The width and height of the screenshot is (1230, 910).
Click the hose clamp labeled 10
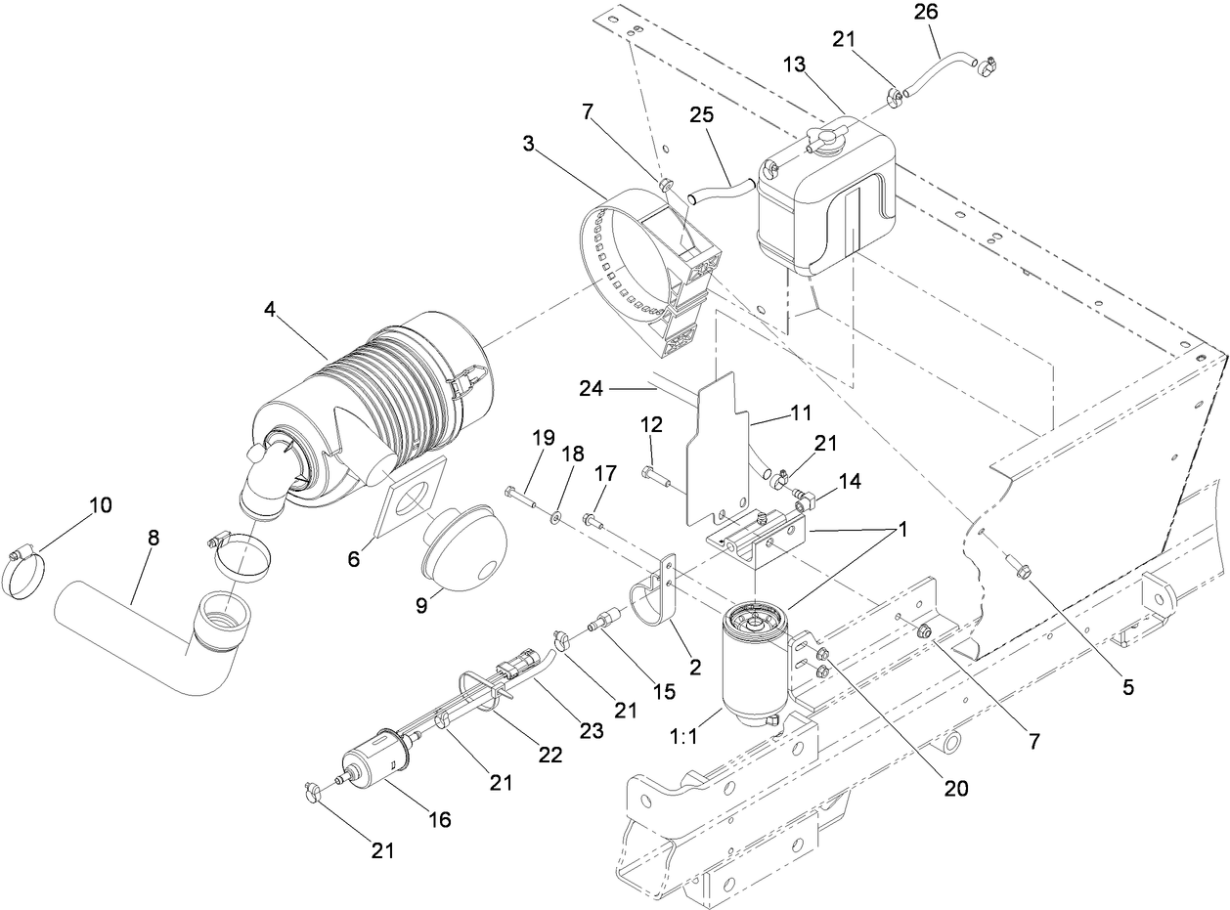28,570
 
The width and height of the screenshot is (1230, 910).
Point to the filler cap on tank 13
823,141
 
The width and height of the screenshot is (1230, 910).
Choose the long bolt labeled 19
525,498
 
